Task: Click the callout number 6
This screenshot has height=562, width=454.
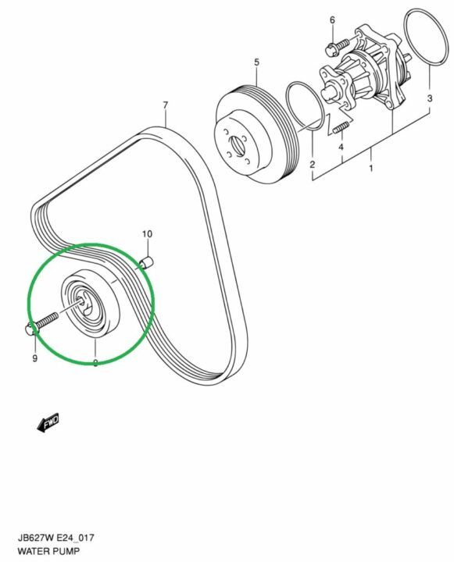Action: click(x=332, y=20)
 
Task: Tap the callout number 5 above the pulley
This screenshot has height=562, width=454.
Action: click(x=256, y=62)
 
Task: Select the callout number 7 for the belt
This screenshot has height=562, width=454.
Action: click(x=165, y=105)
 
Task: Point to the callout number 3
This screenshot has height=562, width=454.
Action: click(x=430, y=98)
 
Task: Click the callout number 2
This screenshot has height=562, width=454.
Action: click(x=313, y=165)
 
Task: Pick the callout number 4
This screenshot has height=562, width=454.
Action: click(x=341, y=147)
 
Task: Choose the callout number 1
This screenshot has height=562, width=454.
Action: click(x=371, y=167)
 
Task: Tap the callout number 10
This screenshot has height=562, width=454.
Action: click(x=147, y=234)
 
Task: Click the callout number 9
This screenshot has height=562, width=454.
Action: click(x=35, y=358)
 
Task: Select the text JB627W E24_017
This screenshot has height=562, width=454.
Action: click(x=56, y=538)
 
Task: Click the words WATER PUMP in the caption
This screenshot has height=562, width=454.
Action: click(x=48, y=550)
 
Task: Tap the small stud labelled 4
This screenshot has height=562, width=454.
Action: click(x=341, y=128)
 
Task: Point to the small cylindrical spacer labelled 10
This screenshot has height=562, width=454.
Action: click(x=147, y=264)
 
